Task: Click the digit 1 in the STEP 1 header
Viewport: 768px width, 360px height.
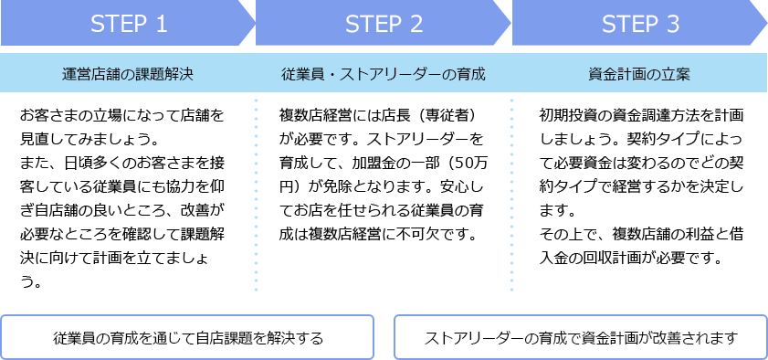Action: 161,25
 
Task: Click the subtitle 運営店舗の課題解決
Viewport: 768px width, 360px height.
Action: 128,74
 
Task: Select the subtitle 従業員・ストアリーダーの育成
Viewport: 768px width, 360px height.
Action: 384,74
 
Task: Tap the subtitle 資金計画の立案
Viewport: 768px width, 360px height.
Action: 639,74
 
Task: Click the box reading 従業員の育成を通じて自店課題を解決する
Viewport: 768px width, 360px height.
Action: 188,337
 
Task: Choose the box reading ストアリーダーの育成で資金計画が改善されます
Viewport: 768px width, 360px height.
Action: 581,337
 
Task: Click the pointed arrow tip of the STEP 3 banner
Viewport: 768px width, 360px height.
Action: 760,24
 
